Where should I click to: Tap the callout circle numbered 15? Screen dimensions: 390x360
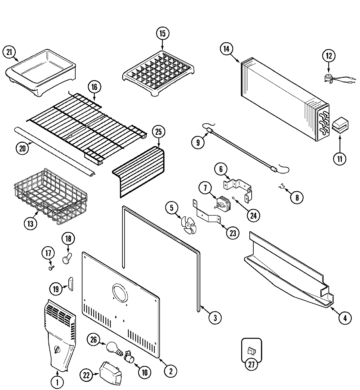163,33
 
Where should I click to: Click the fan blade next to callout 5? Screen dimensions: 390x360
189,226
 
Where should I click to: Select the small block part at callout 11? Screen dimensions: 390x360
340,126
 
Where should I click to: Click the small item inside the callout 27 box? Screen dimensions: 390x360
251,351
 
